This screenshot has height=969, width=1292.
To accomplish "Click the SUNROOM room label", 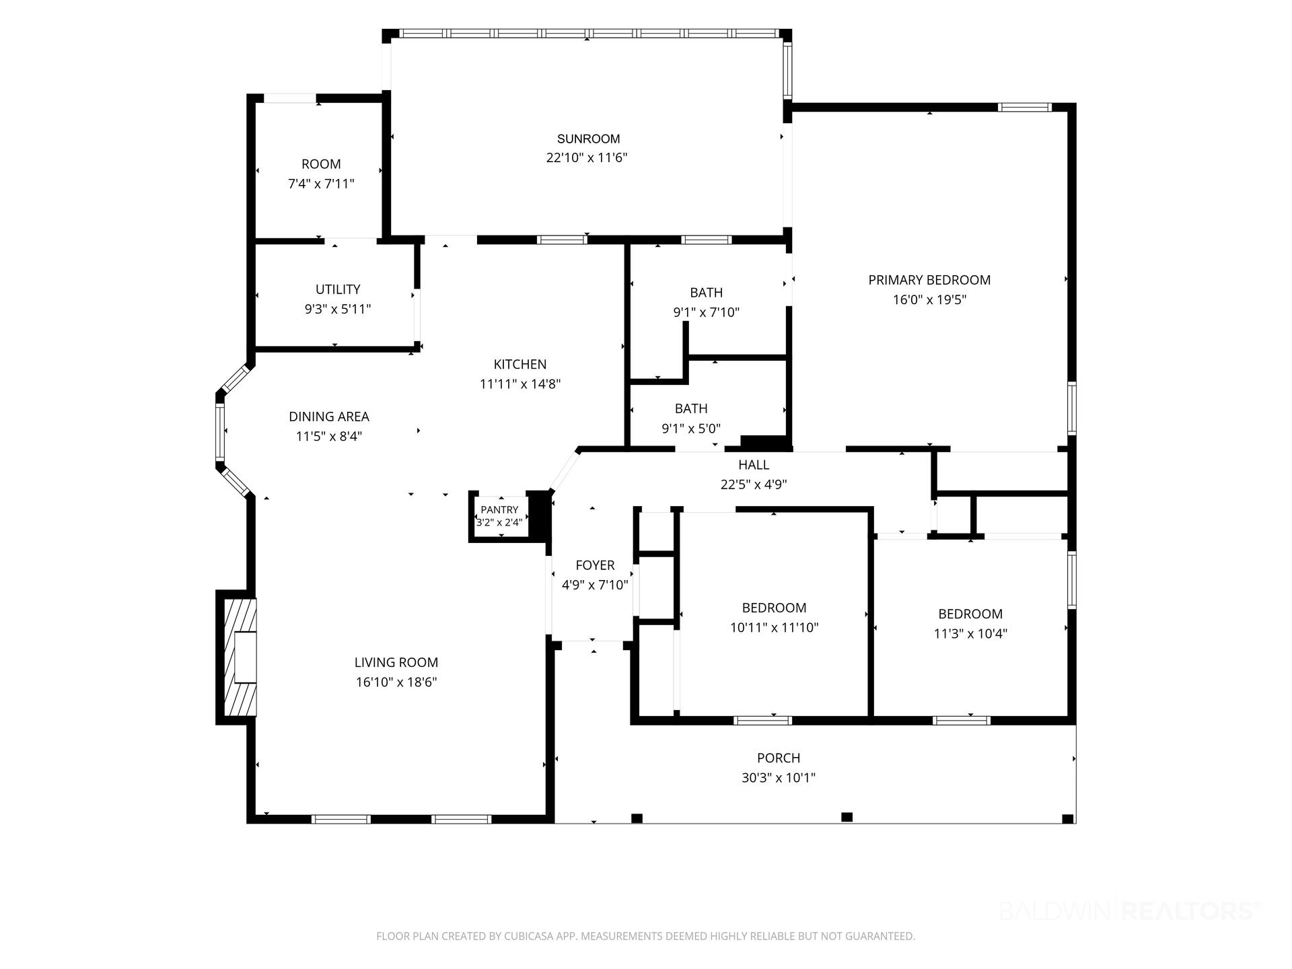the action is point(588,139).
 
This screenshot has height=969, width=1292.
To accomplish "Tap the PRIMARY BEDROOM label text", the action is point(929,280).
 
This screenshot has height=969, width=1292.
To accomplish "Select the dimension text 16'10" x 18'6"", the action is point(396,682).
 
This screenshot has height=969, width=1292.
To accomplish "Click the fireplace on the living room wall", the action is point(237,657).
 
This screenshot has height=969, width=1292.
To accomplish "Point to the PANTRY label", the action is point(499,510).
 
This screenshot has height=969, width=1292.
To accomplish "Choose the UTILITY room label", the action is point(338,289).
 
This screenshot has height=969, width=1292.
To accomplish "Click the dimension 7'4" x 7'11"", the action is point(321,184).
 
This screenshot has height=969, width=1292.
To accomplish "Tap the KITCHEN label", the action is point(520,364).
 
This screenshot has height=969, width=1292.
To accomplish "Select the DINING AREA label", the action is point(329,417).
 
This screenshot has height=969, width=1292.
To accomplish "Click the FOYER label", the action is point(595,565).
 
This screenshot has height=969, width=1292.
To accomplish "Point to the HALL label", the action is point(754,464).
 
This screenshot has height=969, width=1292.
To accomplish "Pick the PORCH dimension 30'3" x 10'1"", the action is point(779,778).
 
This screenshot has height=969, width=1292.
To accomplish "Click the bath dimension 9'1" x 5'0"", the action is point(691,428).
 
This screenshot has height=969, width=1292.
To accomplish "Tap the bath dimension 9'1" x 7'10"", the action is point(707,312).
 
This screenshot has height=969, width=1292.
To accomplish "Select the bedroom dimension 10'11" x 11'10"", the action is point(774,628).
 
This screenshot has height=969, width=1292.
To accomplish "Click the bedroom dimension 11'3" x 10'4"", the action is point(970,633).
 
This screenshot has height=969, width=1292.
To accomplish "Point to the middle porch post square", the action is point(847,817).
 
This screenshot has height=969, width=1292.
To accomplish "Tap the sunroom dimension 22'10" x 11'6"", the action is point(587,158).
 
